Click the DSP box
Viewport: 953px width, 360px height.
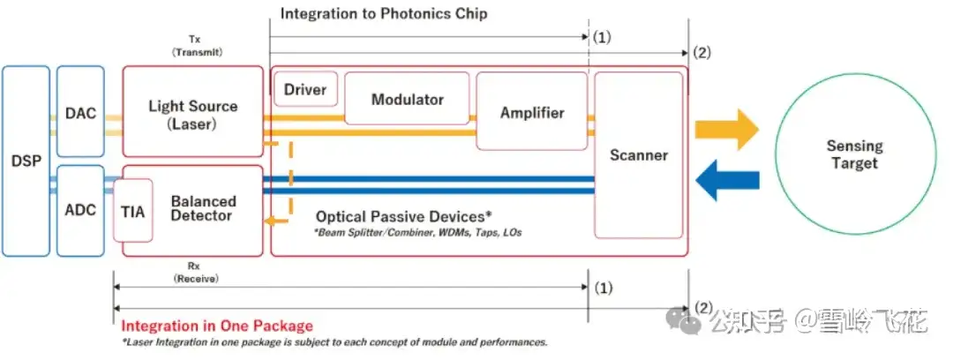26,161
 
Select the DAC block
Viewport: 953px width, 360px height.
80,113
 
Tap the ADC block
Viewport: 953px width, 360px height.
80,210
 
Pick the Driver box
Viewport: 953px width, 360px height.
306,89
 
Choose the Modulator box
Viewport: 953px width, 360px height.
407,99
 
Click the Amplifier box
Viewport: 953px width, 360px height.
531,112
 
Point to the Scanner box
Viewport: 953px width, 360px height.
638,155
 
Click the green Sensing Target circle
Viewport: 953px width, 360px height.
853,154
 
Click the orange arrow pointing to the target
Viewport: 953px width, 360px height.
726,131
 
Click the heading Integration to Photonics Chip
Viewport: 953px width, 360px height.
383,14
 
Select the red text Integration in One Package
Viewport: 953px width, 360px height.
216,326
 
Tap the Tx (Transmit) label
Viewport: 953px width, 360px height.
195,46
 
